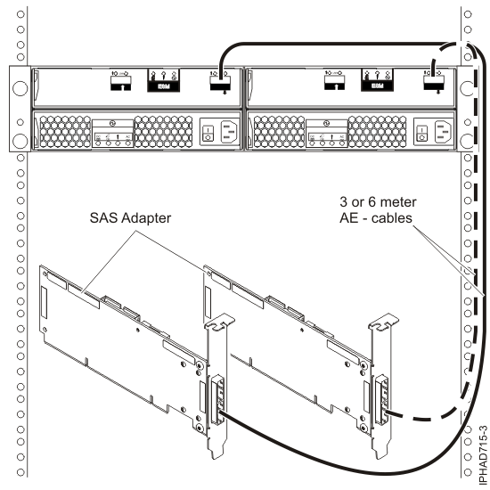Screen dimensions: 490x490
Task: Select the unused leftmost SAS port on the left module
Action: (118, 84)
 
